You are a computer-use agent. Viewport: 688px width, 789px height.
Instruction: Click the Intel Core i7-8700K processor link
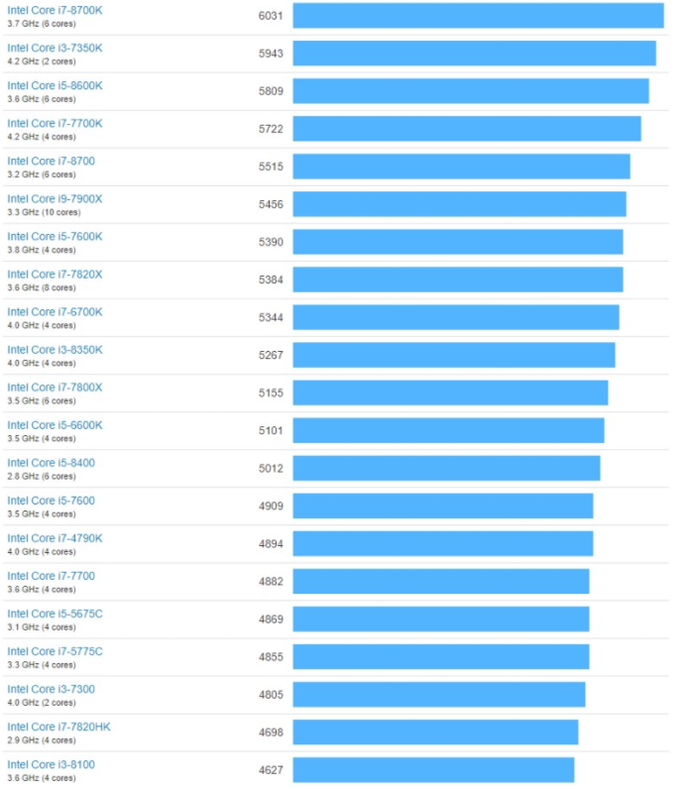(55, 10)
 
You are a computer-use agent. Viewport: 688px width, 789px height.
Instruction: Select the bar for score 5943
(474, 54)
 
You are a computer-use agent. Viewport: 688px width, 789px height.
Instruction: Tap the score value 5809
(271, 91)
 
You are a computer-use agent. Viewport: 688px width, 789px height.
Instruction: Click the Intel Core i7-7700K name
(55, 123)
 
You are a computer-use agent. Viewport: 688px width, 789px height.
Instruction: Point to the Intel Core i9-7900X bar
(459, 204)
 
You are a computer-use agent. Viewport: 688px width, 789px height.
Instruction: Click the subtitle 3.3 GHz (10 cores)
(44, 212)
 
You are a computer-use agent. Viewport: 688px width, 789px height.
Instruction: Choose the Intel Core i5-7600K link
(55, 236)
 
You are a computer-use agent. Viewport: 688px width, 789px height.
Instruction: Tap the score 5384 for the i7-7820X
(271, 280)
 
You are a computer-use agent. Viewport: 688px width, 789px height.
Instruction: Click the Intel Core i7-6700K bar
(456, 317)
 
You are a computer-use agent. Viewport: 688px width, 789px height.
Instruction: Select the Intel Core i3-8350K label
(55, 349)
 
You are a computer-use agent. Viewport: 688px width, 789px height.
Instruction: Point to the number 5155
(271, 393)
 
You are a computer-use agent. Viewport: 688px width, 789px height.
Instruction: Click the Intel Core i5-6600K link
(55, 424)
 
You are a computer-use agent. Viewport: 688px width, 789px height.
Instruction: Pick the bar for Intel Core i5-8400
(446, 468)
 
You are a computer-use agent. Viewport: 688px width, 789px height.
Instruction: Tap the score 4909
(271, 506)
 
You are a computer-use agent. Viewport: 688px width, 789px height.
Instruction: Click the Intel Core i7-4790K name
(55, 537)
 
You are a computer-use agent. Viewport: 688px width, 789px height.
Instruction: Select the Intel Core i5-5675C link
(55, 613)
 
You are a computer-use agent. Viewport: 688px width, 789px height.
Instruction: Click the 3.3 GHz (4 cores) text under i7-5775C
(41, 664)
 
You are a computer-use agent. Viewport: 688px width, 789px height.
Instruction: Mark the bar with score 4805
(439, 694)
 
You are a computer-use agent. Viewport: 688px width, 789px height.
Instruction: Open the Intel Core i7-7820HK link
(58, 726)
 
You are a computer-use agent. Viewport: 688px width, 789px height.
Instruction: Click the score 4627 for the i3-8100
(271, 769)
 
